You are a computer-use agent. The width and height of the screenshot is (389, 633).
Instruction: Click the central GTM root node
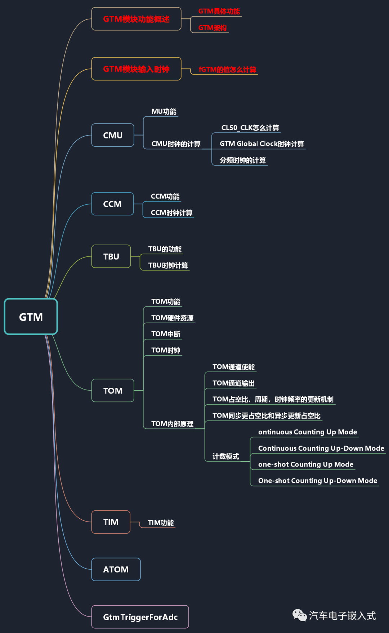(31, 317)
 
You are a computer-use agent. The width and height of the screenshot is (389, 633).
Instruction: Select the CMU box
(113, 135)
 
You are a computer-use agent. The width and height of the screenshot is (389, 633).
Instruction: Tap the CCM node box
(112, 204)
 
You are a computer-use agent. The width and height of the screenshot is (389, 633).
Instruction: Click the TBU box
(111, 256)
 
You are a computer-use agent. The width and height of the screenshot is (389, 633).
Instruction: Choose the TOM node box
(113, 391)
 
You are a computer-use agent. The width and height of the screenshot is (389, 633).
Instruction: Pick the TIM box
(111, 522)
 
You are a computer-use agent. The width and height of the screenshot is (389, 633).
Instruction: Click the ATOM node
(116, 569)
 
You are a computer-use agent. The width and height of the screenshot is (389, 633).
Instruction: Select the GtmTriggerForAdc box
(140, 617)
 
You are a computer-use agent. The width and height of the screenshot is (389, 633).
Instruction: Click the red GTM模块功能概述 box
(136, 19)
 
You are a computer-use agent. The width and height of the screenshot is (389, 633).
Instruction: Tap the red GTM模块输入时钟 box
(136, 69)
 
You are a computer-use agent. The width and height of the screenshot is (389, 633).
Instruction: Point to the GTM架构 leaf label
(212, 28)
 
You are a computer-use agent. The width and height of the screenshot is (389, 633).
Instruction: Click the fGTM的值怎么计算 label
(227, 69)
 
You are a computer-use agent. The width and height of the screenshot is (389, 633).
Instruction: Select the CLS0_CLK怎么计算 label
(250, 128)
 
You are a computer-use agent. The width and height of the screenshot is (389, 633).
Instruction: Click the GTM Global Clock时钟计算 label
(261, 144)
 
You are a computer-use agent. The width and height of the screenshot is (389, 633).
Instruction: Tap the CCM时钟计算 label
(171, 213)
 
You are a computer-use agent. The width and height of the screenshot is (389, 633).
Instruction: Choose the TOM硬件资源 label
(172, 318)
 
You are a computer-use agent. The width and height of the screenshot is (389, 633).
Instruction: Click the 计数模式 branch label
(225, 456)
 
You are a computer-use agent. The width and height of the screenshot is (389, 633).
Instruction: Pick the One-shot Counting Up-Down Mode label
(317, 481)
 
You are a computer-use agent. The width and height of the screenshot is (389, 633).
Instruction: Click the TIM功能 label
(161, 523)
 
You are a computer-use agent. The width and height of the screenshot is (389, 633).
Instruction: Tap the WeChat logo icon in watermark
(299, 615)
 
